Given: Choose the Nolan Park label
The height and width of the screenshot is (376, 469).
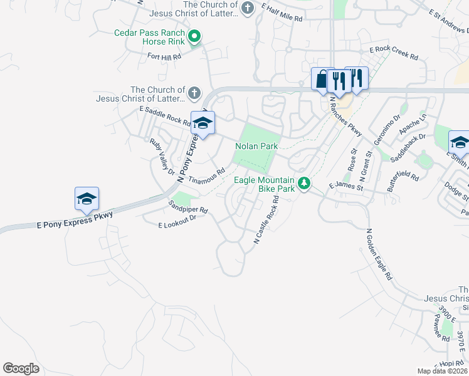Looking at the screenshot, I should pos(256,146).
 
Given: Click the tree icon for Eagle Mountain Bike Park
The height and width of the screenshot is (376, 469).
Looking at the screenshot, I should pos(304,183).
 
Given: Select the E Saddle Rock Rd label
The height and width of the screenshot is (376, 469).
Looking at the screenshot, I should pos(164,116).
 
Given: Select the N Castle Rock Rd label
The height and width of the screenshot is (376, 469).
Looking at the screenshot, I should pos(266,219).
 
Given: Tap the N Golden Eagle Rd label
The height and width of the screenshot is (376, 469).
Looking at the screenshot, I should pos(379,254).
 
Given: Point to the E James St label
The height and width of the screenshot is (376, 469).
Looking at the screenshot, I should pos(346,186).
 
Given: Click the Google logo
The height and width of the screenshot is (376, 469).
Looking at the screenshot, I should pos(21,368).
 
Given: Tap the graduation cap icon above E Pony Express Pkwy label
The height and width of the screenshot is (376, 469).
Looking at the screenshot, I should pos(87,199).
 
